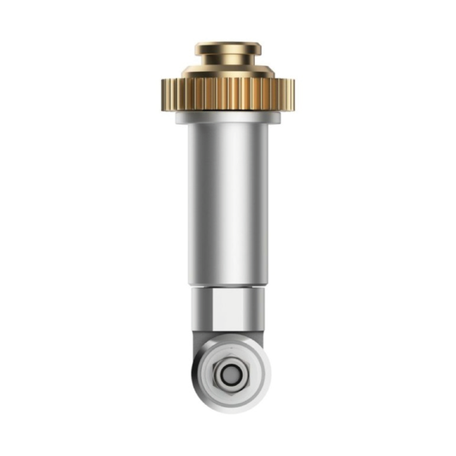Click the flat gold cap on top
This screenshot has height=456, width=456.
228,49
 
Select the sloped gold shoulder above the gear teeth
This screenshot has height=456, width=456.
228,71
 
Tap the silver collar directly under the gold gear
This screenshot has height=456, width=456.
228,116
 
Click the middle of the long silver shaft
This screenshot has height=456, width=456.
228,205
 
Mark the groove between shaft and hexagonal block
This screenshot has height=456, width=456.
228,286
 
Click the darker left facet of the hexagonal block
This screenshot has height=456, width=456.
198,308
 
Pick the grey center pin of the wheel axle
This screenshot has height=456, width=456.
228,374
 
